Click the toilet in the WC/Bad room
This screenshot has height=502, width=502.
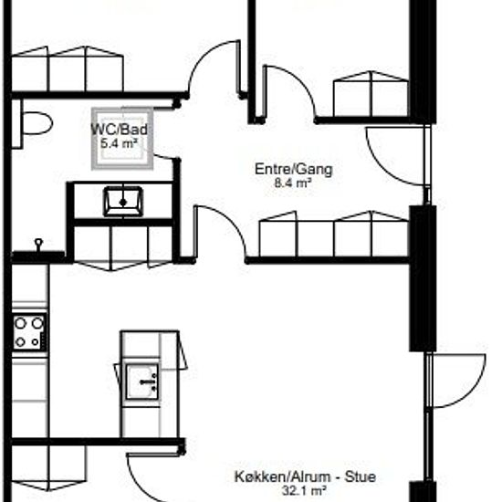(x=37, y=123)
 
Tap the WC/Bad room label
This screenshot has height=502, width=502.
(x=120, y=130)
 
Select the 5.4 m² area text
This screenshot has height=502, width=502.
(x=120, y=143)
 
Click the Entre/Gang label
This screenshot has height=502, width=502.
(x=294, y=169)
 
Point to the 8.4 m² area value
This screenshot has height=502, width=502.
(x=293, y=183)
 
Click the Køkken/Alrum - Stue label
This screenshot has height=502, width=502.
(x=305, y=476)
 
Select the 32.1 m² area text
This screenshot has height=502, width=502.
(x=304, y=490)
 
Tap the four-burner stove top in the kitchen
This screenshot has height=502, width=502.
(x=29, y=331)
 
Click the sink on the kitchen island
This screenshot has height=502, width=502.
(x=142, y=382)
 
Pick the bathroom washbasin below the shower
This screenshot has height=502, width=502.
(x=123, y=202)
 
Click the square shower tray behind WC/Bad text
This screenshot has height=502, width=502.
(x=122, y=139)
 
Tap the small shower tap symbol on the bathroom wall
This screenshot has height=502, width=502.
(x=38, y=245)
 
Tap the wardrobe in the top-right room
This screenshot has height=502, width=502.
(x=371, y=94)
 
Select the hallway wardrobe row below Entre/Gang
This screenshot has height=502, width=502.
(x=333, y=235)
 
